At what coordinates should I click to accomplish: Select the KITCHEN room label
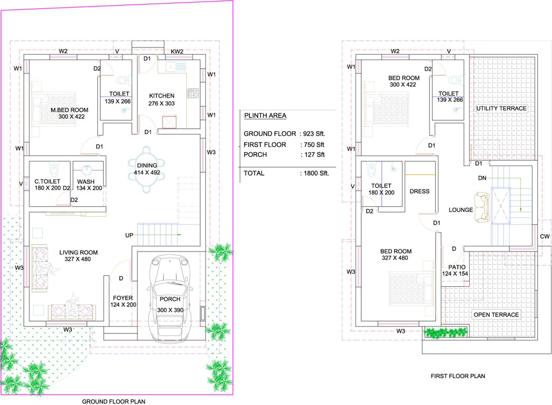click(162, 95)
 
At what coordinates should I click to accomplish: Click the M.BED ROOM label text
click(69, 110)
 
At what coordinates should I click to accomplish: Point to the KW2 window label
click(177, 52)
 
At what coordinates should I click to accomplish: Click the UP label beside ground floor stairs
click(129, 235)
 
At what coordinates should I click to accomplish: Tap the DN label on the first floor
click(482, 178)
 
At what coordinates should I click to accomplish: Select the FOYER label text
click(123, 298)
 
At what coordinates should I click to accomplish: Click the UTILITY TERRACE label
click(501, 108)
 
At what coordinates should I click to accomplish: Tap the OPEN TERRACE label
click(496, 315)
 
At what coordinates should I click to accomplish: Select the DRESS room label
click(419, 191)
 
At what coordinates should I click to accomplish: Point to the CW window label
click(545, 236)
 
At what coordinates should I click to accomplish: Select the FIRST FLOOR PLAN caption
click(458, 376)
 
